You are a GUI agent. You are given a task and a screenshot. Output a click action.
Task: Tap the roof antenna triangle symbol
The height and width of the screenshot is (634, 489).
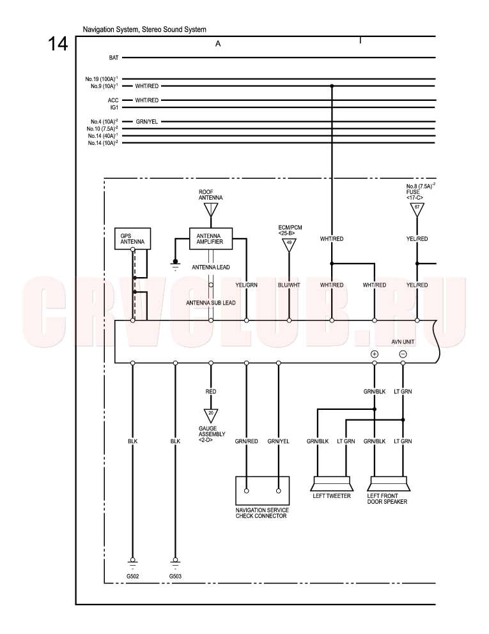[211, 209]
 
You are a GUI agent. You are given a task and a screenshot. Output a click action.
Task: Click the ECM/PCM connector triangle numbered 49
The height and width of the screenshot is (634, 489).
[289, 245]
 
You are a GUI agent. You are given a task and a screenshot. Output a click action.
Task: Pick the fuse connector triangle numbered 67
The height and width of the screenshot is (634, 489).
[417, 209]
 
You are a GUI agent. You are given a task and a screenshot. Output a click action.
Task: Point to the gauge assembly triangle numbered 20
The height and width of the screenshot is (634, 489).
[211, 415]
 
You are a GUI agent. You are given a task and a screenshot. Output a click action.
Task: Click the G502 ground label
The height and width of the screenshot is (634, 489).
[132, 576]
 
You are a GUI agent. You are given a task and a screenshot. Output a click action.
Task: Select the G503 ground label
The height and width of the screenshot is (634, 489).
[175, 576]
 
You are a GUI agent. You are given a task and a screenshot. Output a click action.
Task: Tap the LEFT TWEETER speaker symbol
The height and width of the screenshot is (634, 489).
[332, 484]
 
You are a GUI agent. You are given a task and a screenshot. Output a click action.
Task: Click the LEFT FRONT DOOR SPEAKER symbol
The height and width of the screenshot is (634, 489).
[389, 484]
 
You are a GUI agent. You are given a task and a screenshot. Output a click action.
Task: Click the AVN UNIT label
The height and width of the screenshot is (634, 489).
[403, 342]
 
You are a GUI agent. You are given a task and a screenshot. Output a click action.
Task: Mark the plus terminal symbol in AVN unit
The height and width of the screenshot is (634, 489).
[375, 354]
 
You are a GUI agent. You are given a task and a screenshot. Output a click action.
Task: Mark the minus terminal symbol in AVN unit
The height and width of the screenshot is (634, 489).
[403, 354]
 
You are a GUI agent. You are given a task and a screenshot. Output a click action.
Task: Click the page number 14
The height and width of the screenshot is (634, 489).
[58, 43]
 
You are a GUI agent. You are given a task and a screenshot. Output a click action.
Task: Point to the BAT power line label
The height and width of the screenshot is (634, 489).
[114, 58]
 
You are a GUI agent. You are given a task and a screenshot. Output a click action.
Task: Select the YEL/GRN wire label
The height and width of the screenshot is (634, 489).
[247, 285]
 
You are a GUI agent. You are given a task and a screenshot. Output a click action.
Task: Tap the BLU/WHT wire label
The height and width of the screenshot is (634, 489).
[289, 285]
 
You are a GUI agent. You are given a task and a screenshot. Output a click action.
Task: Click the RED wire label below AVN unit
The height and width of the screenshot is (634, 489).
[211, 391]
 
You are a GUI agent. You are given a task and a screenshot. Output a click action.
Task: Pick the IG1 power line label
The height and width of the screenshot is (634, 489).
[114, 107]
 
